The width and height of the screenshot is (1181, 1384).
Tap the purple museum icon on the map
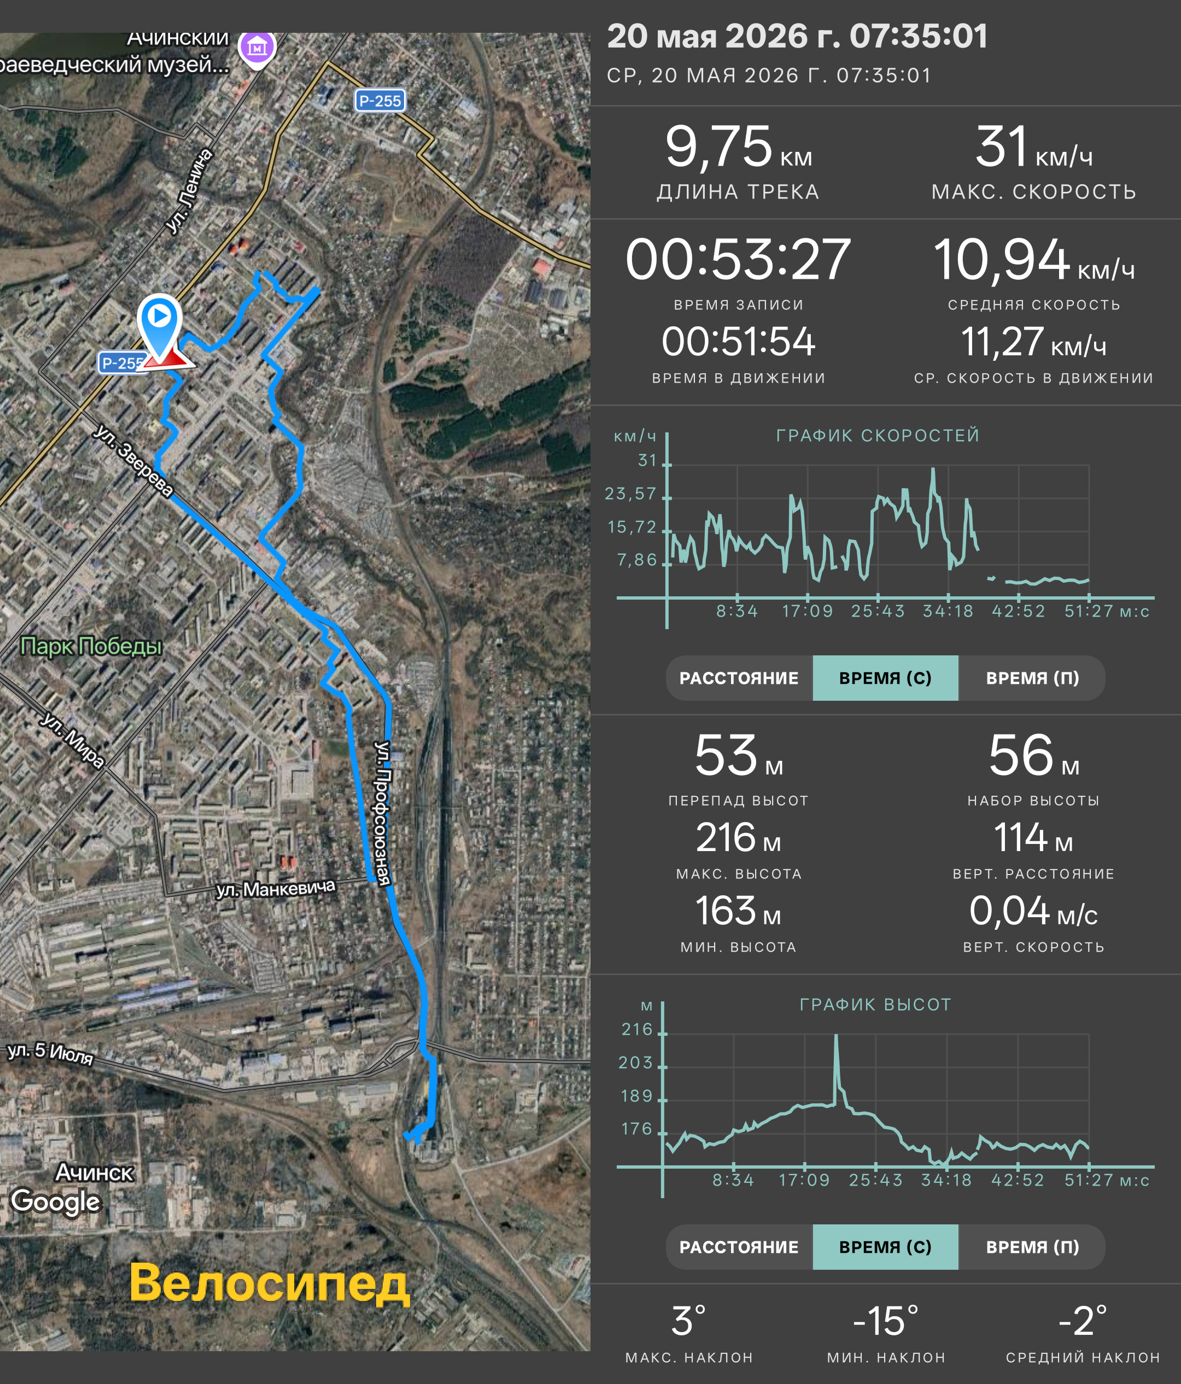(x=257, y=48)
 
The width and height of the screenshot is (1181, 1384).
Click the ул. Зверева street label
(x=133, y=460)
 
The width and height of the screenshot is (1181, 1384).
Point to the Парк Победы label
(x=91, y=646)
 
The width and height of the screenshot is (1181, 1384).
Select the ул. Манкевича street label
(x=275, y=888)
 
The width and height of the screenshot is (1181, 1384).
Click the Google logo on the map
(x=55, y=1200)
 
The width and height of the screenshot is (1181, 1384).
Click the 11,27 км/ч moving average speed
(x=1033, y=342)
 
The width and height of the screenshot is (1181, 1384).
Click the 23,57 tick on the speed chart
(x=630, y=494)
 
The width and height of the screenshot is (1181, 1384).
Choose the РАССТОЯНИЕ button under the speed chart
(x=739, y=678)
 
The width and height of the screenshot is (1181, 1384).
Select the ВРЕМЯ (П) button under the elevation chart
(x=1032, y=1247)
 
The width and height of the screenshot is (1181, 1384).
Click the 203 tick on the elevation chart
(x=635, y=1063)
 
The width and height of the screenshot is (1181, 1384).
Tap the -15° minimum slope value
(x=886, y=1321)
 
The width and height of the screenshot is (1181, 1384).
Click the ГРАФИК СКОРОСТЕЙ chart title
(x=878, y=436)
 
